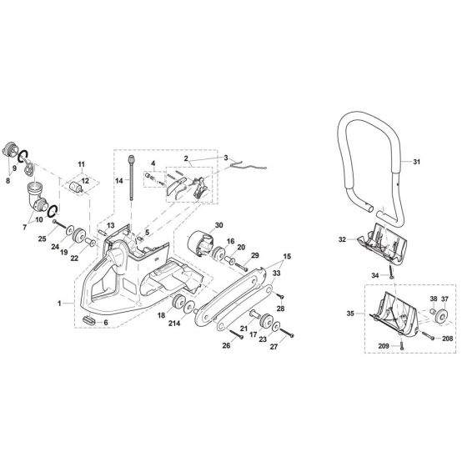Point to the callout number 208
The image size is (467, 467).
[x=448, y=339]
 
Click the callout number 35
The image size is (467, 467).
[x=349, y=314]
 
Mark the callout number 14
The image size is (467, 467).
[x=120, y=180]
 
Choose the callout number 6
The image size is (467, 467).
[x=106, y=322]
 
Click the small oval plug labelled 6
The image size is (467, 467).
[x=90, y=321]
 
